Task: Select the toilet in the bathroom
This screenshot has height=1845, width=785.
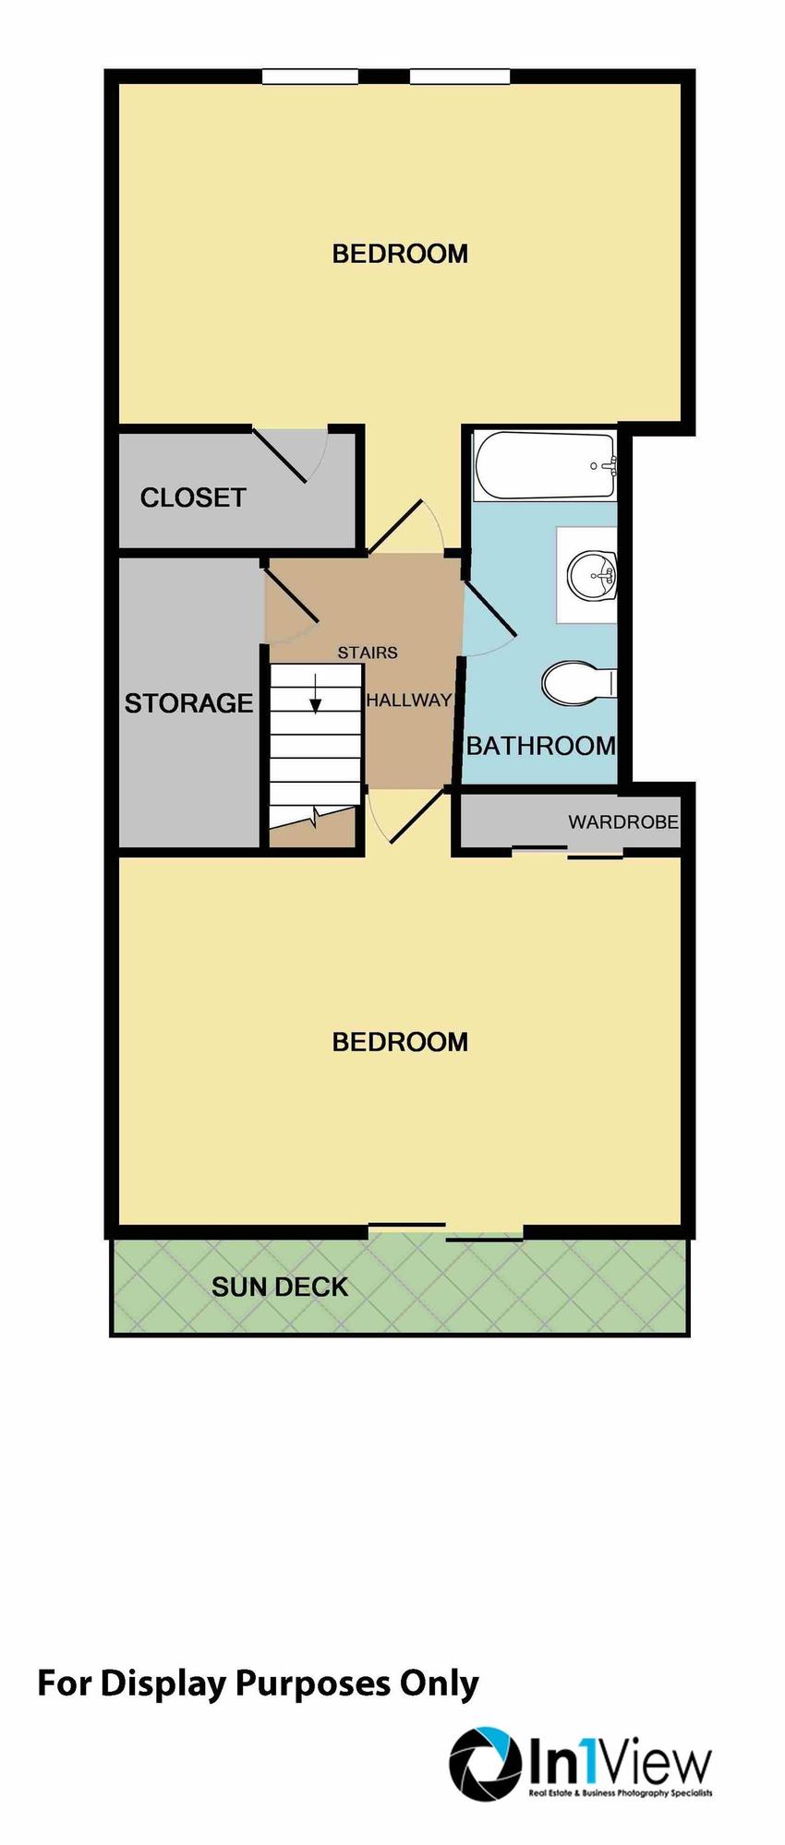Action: pos(576,684)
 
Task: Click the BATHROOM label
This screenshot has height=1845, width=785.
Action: pos(540,746)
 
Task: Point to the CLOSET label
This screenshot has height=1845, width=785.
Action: pos(193,498)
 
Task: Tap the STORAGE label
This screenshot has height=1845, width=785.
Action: pos(188,703)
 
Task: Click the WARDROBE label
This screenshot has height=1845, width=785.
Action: pos(623,821)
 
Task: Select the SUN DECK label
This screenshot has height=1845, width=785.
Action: pos(280,1288)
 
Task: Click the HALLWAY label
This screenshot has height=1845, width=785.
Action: pos(408,701)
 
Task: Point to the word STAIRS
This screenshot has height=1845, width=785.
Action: pos(368,653)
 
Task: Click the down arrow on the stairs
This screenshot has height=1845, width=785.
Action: pos(316,694)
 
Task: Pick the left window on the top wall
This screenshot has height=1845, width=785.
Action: pos(309,77)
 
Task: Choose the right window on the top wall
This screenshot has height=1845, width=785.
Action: pos(459,77)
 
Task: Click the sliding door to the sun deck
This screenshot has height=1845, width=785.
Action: pos(445,1231)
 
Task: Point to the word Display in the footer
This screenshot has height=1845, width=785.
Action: pos(163,1683)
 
